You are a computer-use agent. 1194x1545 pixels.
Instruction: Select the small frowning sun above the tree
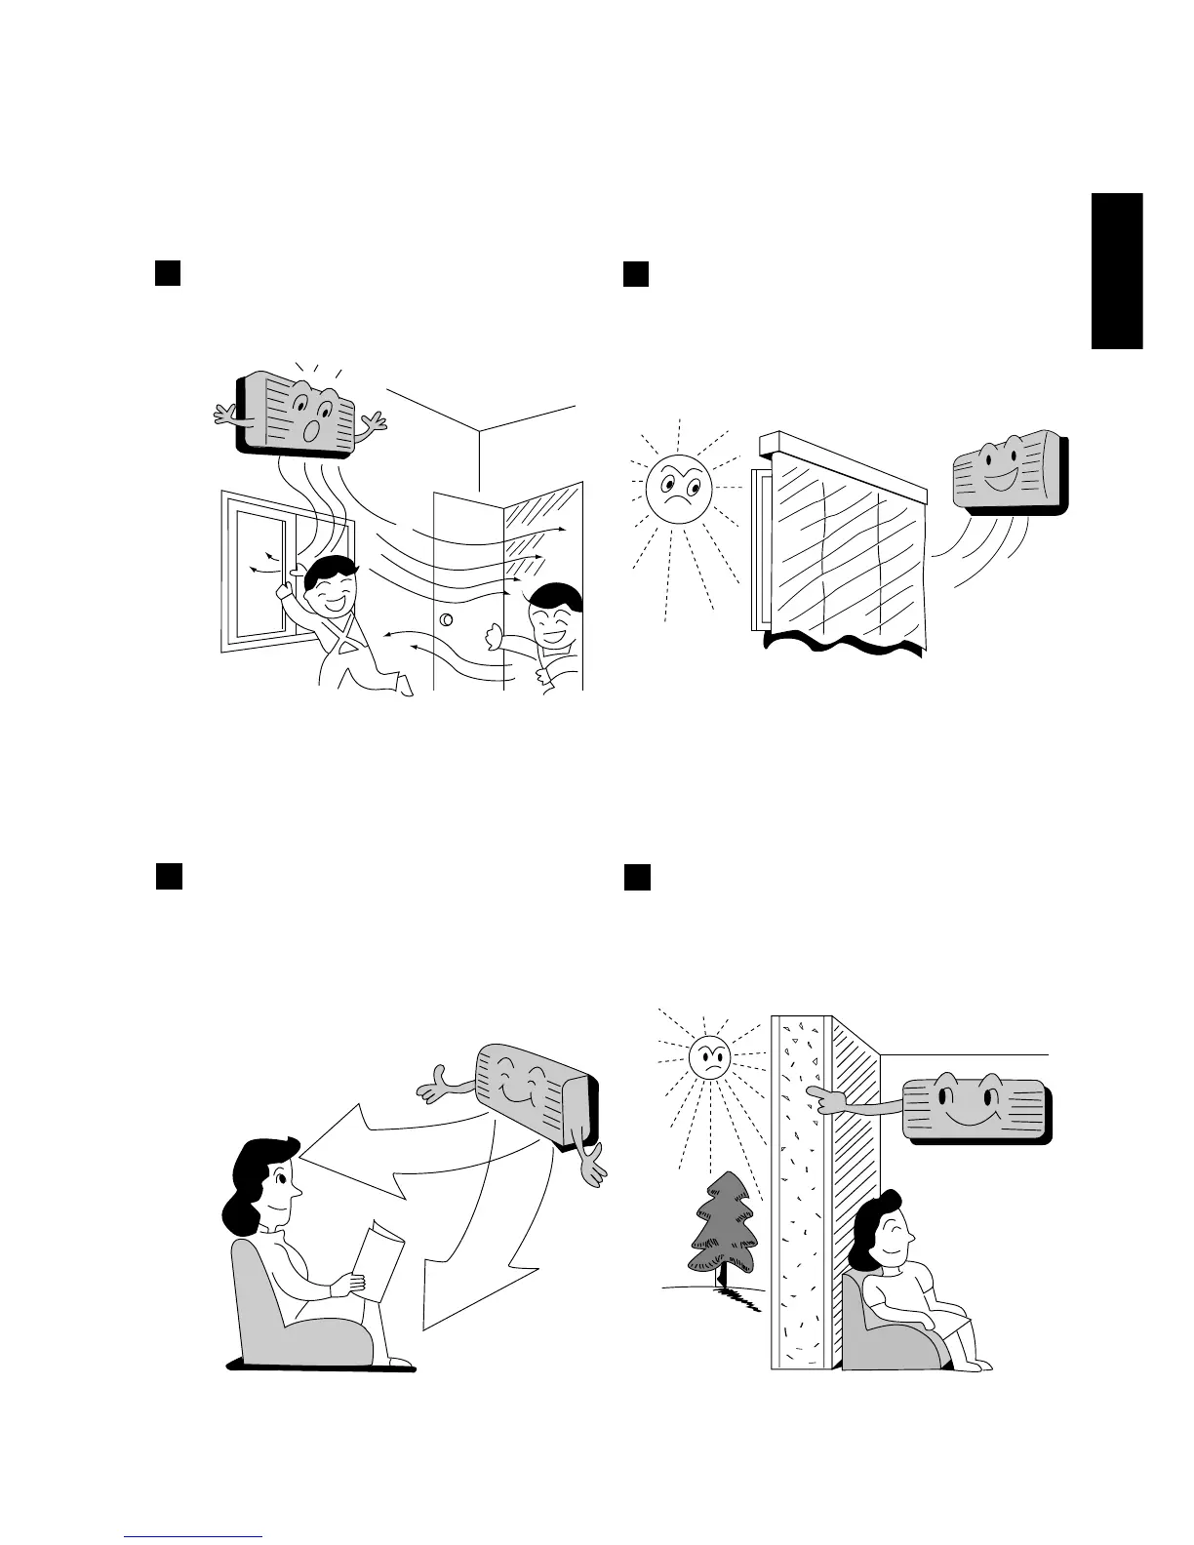click(710, 1056)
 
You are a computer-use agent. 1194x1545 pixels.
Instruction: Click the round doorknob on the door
click(448, 619)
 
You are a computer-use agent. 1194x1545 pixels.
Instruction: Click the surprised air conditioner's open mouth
click(312, 431)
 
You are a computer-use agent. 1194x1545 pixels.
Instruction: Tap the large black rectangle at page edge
click(1116, 270)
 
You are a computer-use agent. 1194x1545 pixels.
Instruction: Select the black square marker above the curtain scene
click(636, 272)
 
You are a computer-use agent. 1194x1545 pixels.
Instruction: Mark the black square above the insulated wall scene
click(637, 876)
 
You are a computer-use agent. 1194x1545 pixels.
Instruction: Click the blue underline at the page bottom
click(194, 1536)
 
